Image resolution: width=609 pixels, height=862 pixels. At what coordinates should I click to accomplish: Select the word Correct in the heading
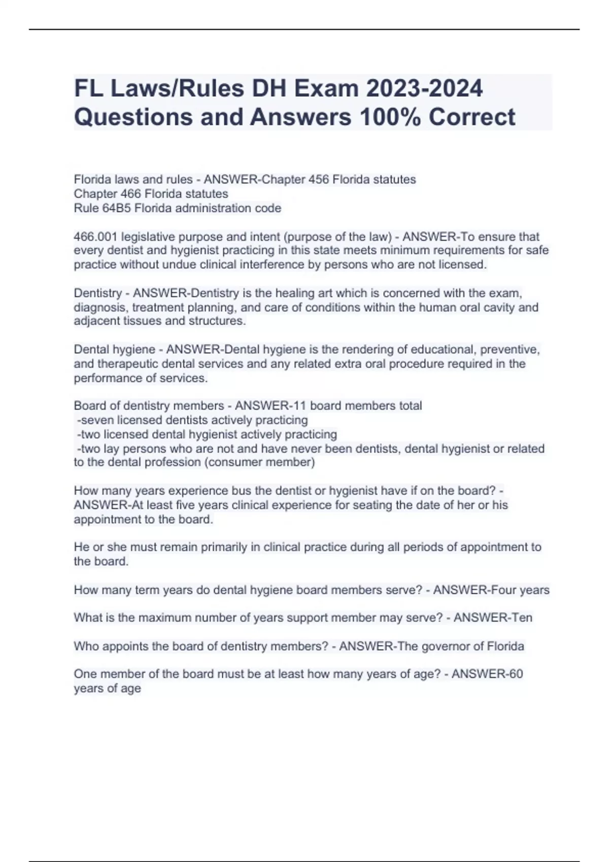(x=472, y=117)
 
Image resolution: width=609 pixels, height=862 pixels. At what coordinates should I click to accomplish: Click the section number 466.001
(x=95, y=237)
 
